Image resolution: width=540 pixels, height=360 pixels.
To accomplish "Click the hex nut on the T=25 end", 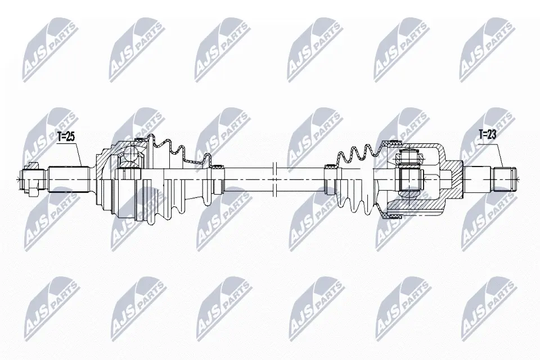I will (x=33, y=179).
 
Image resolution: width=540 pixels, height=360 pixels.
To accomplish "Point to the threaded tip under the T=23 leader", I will (x=504, y=179).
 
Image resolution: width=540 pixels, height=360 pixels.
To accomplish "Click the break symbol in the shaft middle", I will (x=274, y=179).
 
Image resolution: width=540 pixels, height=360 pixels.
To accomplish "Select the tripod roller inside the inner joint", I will (x=409, y=179).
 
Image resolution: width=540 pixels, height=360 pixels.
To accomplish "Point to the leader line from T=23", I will (x=495, y=152).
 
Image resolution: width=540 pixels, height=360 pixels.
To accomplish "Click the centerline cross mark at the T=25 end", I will (x=20, y=179).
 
